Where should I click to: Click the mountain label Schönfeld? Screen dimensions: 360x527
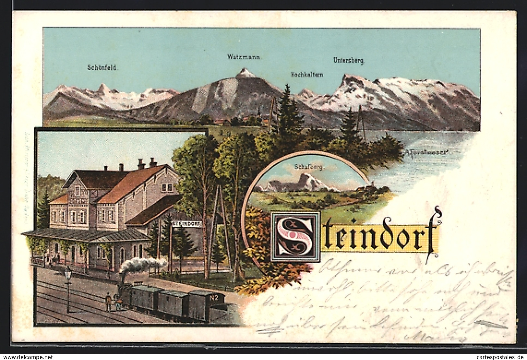[x=102, y=68]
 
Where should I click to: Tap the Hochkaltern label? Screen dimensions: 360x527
[x=306, y=75]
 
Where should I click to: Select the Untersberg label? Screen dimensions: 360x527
[x=349, y=60]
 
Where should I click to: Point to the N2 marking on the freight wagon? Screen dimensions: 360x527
[x=214, y=297]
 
